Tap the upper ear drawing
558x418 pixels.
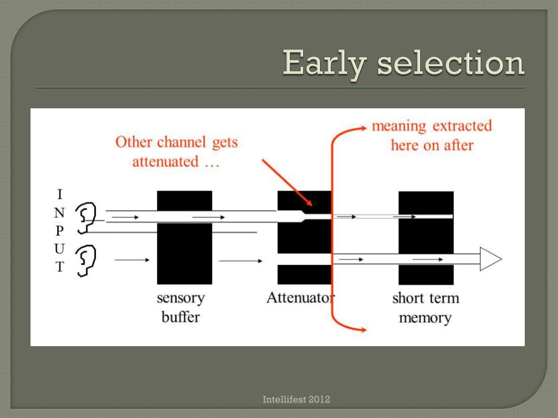pyautogui.click(x=86, y=216)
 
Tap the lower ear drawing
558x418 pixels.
pyautogui.click(x=86, y=260)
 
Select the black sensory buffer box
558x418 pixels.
pyautogui.click(x=184, y=237)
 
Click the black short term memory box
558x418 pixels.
pyautogui.click(x=426, y=238)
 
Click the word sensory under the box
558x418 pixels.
pyautogui.click(x=180, y=298)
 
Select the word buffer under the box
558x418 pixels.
pyautogui.click(x=180, y=317)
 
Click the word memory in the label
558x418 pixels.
pyautogui.click(x=425, y=317)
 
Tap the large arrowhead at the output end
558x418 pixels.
pyautogui.click(x=490, y=259)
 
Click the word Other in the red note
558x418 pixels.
pyautogui.click(x=134, y=142)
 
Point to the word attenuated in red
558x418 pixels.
pyautogui.click(x=165, y=162)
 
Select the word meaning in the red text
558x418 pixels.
pyautogui.click(x=399, y=126)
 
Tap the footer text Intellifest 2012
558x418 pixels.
pyautogui.click(x=296, y=400)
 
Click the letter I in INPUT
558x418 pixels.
pyautogui.click(x=60, y=194)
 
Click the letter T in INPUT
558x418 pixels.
pyautogui.click(x=60, y=267)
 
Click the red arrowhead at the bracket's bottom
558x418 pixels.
pyautogui.click(x=362, y=328)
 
